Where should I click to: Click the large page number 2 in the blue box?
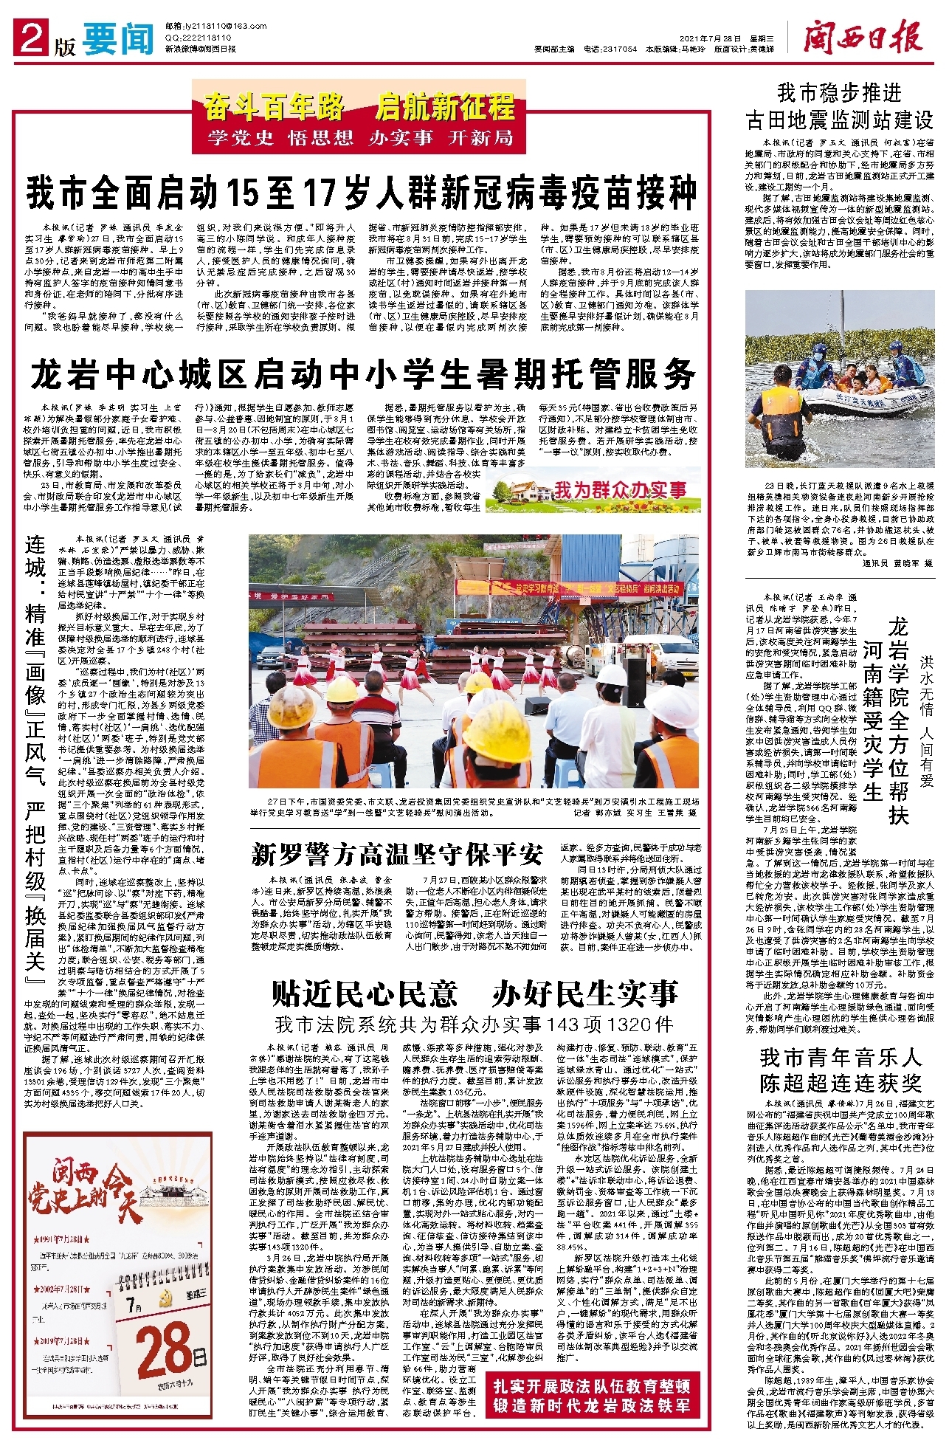33,38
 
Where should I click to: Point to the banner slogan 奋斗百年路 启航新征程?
359,108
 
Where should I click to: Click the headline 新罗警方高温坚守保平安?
397,855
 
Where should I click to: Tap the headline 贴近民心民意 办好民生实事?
475,993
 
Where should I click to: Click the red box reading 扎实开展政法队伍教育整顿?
592,1385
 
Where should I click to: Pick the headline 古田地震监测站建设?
840,119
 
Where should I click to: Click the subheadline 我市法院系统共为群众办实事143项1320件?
474,1024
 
